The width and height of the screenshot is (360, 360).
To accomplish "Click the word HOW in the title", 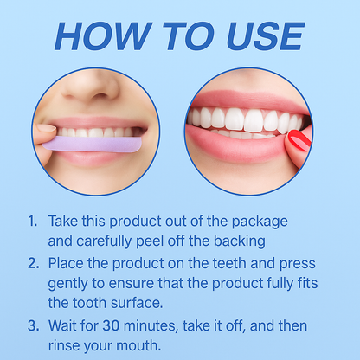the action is (x=103, y=36).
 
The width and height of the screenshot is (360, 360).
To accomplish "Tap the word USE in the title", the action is (x=266, y=36).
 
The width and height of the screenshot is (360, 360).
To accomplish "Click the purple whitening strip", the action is (x=93, y=144).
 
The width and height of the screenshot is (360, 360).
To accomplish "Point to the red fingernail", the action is (x=299, y=140).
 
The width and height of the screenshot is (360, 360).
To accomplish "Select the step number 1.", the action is (x=33, y=222).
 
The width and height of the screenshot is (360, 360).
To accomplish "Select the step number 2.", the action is (x=34, y=263).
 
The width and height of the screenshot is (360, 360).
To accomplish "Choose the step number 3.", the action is (x=34, y=325).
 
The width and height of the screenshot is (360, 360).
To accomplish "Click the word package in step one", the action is (x=260, y=222).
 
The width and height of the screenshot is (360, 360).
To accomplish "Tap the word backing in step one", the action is (x=239, y=241).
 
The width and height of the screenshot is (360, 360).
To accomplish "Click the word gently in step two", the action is (x=67, y=284).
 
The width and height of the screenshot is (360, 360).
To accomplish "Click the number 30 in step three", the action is (x=111, y=326).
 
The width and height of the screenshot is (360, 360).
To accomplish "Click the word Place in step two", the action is (x=66, y=263).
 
